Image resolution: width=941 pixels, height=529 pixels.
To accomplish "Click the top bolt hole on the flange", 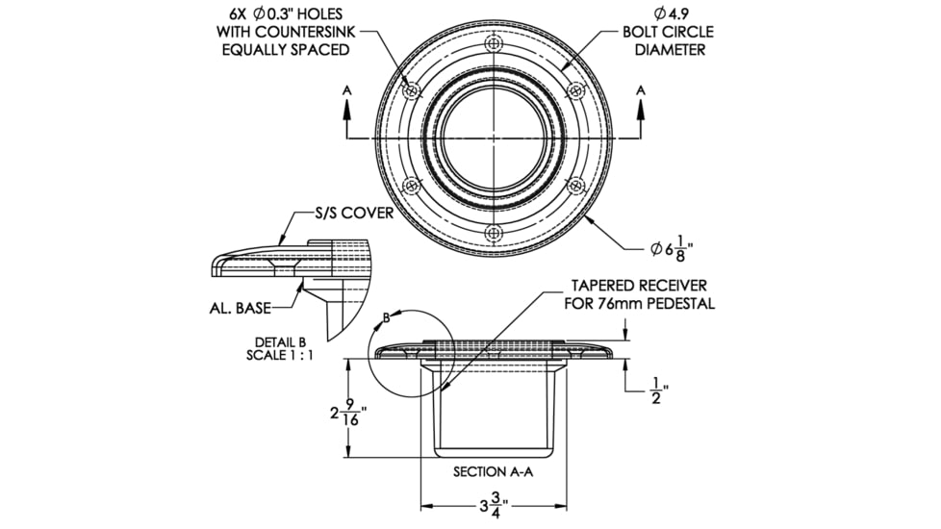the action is click(x=494, y=44).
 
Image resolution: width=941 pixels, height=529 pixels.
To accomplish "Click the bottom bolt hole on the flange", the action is click(x=494, y=234).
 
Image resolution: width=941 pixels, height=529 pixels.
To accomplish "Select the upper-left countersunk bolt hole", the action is click(x=412, y=91).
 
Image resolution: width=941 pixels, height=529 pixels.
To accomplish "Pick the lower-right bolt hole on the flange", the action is click(x=576, y=186).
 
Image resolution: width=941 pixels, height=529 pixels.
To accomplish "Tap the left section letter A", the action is click(x=347, y=90).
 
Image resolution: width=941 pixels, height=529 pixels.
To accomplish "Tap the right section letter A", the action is click(x=641, y=90).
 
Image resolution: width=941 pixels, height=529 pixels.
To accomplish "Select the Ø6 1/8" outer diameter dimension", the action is click(x=668, y=249).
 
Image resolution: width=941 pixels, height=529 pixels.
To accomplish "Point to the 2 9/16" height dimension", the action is click(x=348, y=412).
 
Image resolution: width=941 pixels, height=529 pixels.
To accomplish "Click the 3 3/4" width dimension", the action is click(x=494, y=506).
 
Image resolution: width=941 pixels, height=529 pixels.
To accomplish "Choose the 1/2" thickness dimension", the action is click(x=659, y=390).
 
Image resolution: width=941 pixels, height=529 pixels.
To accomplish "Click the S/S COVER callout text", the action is click(x=355, y=213).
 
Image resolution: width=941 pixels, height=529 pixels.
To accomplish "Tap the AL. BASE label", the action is click(x=240, y=309).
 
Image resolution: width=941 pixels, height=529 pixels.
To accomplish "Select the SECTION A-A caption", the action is click(x=493, y=472).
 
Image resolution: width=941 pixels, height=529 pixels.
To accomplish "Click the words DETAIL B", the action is click(x=280, y=342).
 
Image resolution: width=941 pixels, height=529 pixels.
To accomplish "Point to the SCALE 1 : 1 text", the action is click(x=280, y=356).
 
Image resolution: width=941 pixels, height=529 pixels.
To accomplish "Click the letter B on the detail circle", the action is click(x=387, y=318).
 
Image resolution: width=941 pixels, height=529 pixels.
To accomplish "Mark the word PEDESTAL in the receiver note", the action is click(x=680, y=304).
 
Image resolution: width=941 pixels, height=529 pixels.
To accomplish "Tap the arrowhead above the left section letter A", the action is click(x=347, y=106).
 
